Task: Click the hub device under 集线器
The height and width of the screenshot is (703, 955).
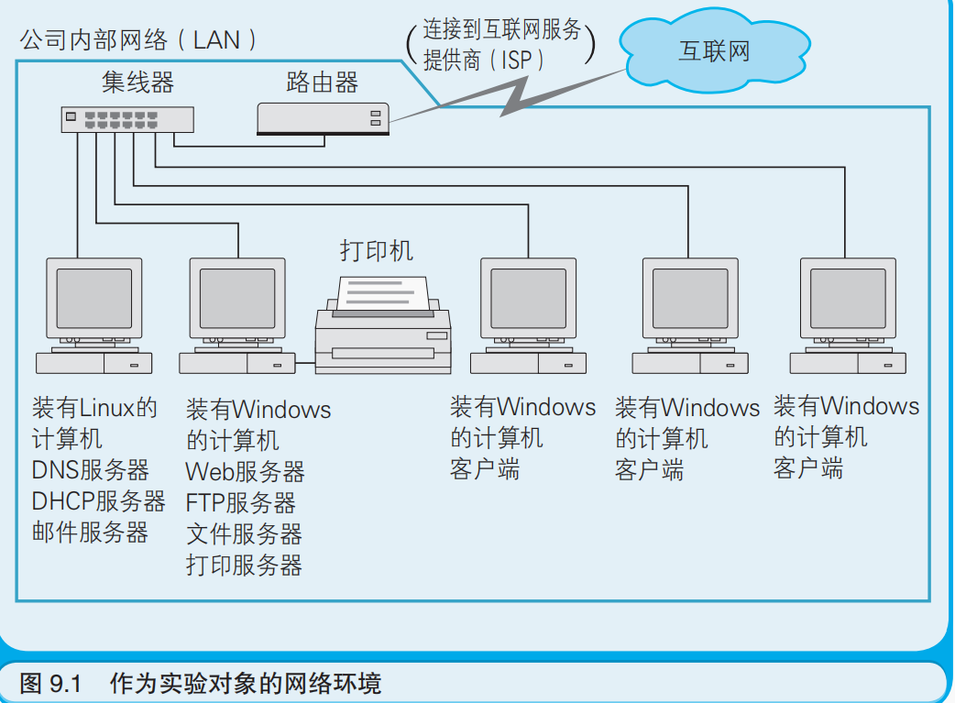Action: point(127,119)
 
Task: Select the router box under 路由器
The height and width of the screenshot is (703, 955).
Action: point(323,119)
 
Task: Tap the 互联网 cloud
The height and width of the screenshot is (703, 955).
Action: point(715,50)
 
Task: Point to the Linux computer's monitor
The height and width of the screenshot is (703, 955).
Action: point(93,299)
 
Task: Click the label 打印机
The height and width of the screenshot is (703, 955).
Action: point(377,250)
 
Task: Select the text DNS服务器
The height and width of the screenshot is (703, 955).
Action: point(90,469)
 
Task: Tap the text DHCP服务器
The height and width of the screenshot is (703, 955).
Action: point(99,500)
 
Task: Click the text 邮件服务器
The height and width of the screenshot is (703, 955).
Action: point(90,532)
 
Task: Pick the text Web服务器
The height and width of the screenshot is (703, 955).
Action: point(245,471)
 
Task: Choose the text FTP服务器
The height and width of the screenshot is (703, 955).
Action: point(240,502)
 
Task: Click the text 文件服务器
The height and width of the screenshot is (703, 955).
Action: point(244,533)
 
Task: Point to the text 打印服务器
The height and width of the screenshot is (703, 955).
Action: point(244,565)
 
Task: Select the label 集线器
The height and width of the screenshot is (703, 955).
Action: point(137,82)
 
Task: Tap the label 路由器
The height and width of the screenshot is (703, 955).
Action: point(323,82)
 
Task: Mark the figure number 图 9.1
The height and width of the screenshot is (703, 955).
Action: point(50,683)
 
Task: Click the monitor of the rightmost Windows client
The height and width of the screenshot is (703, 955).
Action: point(848,299)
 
